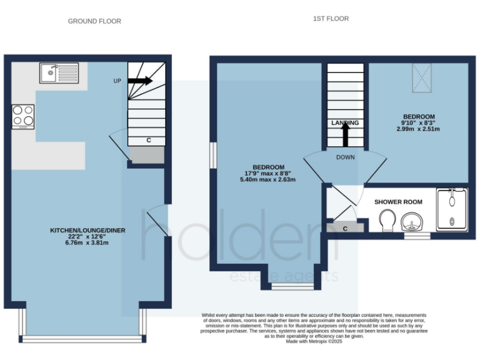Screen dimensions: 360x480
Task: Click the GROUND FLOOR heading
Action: click(94, 21)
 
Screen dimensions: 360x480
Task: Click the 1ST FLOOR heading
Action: click(331, 19)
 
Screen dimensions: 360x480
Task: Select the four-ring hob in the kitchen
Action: click(24, 116)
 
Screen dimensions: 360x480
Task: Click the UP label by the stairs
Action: click(117, 81)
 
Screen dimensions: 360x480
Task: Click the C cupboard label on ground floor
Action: click(149, 141)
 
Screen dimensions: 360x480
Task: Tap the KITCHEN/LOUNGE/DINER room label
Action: click(87, 231)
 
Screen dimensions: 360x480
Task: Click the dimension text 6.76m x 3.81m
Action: click(87, 242)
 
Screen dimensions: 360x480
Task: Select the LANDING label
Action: click(345, 123)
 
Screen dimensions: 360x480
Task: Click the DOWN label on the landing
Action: click(345, 157)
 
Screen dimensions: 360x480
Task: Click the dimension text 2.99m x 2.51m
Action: click(418, 129)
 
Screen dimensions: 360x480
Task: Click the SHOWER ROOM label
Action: click(398, 202)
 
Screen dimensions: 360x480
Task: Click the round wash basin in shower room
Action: click(412, 221)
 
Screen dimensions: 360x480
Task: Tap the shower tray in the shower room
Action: click(451, 208)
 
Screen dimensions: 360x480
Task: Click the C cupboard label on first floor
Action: click(344, 228)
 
